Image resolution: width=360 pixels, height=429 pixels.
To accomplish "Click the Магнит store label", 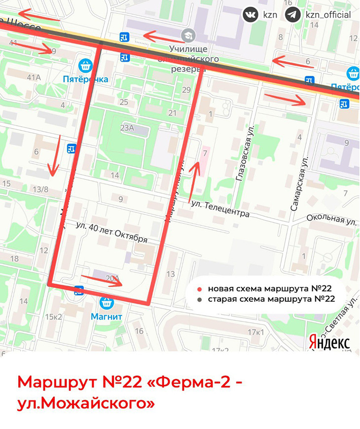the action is [107, 316].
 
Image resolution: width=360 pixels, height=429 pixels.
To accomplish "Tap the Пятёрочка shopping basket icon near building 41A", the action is [86, 65].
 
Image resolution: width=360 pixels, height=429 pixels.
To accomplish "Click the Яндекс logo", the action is [329, 342].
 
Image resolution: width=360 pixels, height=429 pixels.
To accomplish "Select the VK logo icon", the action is [250, 14].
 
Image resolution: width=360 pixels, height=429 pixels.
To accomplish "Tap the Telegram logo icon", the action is [292, 14].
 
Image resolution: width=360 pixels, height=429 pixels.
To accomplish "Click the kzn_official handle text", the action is [328, 14].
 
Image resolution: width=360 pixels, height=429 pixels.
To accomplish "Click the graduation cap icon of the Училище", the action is [187, 36].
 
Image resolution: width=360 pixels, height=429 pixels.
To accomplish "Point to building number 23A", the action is [127, 128].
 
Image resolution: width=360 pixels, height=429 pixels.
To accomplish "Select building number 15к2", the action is [54, 317].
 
